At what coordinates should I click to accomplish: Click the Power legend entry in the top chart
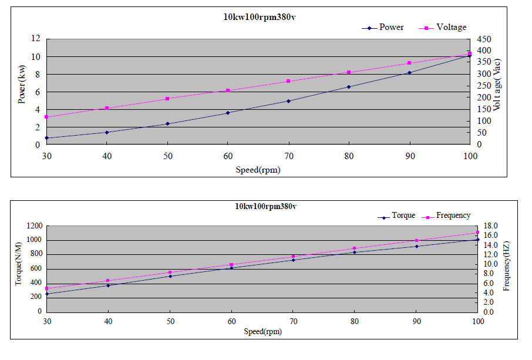(390, 28)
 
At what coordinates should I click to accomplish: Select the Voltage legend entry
(450, 28)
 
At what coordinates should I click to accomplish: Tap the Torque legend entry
(403, 216)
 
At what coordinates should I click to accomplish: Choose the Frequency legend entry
(453, 216)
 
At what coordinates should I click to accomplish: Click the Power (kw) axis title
(22, 85)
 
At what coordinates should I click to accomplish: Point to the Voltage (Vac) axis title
(497, 85)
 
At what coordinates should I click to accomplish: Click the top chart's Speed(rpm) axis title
(258, 170)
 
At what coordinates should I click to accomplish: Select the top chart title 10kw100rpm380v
(260, 16)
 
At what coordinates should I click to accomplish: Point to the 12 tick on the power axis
(35, 39)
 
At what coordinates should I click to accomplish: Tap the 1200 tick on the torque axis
(34, 226)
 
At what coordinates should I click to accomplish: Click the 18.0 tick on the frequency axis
(491, 226)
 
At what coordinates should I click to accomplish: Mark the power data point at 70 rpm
(288, 101)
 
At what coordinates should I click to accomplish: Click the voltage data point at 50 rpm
(167, 99)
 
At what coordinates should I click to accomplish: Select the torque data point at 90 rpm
(416, 246)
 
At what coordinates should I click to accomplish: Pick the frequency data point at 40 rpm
(108, 281)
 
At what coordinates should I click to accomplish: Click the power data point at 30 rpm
(46, 138)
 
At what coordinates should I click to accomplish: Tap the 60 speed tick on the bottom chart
(231, 322)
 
